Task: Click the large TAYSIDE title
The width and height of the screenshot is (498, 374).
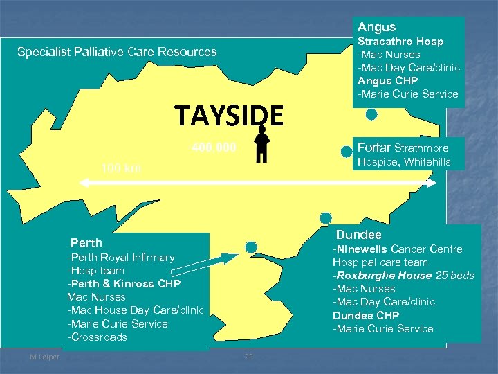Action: pos(229,116)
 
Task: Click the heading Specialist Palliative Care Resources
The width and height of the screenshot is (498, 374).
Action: pos(117,52)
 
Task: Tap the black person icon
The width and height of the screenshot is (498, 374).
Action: pos(261,144)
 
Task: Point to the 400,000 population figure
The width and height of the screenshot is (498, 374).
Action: pos(214,148)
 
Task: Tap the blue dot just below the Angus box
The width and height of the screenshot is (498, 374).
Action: pos(371,114)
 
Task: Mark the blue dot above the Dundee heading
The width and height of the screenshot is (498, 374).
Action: pos(326,217)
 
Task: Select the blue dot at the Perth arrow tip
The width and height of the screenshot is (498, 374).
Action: pos(251,247)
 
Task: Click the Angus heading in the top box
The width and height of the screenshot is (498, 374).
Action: pos(377,27)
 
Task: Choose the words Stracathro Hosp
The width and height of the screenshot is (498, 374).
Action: pos(400,42)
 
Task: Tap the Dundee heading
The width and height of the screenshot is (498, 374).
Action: pos(358,235)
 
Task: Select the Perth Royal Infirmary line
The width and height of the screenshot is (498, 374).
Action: pos(121,258)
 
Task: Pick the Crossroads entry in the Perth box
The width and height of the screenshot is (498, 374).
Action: pos(98,337)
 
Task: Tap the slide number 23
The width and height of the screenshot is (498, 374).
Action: pos(248,356)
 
